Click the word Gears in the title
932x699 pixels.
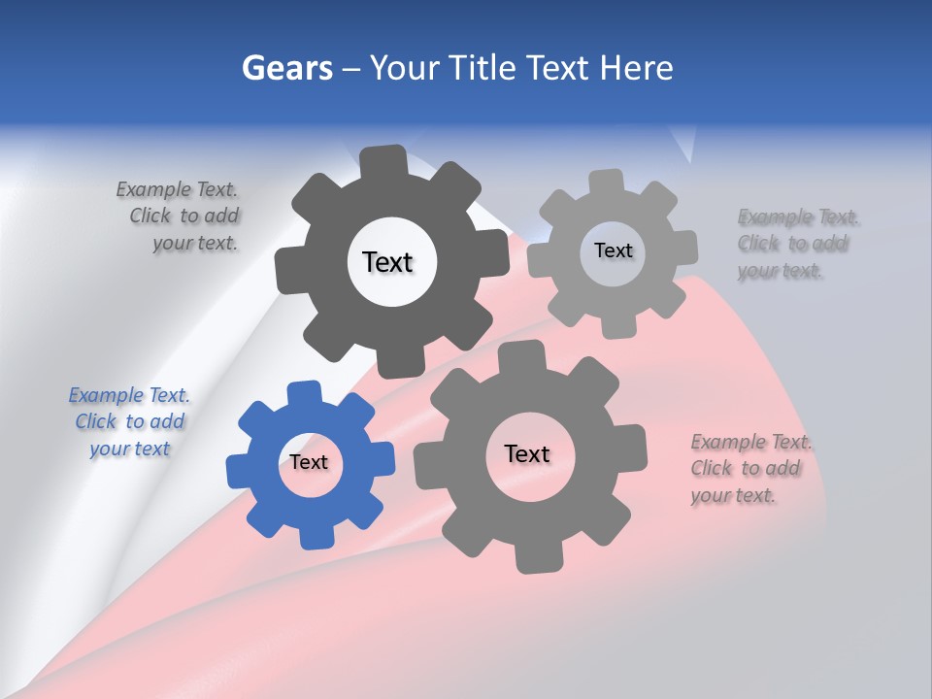(285, 68)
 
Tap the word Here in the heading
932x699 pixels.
(636, 68)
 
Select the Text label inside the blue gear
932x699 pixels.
(309, 462)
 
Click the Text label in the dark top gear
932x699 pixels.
(387, 262)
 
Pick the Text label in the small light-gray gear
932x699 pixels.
(613, 250)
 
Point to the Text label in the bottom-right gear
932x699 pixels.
(527, 453)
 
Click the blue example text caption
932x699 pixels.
(129, 422)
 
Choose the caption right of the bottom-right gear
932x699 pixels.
(749, 469)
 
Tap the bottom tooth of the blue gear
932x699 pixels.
(314, 533)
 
